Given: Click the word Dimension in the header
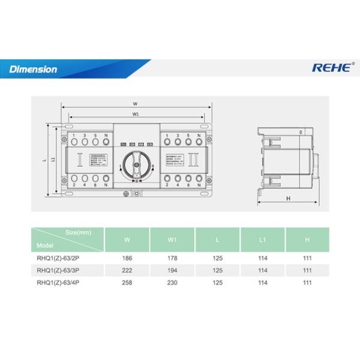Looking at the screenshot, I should tap(34, 70).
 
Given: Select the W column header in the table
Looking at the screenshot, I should tap(127, 239).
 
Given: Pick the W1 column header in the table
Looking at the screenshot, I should tap(172, 239).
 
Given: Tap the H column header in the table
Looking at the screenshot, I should tap(308, 239).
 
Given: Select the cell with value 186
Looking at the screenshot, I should tap(127, 258).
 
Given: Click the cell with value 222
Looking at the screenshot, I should tap(127, 270).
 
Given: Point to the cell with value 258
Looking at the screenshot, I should tap(127, 282).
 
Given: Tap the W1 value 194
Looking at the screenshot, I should tap(172, 270).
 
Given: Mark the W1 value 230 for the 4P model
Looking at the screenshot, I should tap(172, 282).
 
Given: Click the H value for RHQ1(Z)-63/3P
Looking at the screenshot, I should tap(308, 270).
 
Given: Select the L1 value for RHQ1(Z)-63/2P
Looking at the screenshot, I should tap(262, 258).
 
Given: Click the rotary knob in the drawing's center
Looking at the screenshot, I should tap(136, 163).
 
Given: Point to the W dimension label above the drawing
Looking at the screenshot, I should tap(135, 103).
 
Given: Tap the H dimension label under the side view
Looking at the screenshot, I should tap(289, 197).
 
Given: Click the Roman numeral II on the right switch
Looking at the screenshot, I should tap(193, 161).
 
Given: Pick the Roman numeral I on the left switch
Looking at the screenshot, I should tap(80, 161).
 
